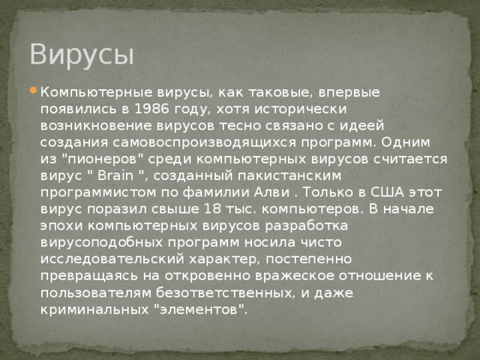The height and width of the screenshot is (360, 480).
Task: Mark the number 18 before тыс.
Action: pos(214,208)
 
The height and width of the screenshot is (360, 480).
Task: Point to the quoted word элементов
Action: pos(197,308)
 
